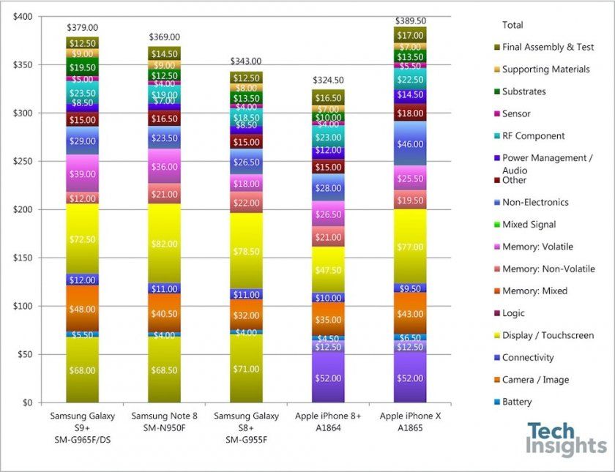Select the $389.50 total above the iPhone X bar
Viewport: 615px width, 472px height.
(x=410, y=21)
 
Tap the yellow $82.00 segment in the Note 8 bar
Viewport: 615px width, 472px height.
(x=164, y=244)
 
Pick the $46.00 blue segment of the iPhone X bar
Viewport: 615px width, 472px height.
(x=410, y=145)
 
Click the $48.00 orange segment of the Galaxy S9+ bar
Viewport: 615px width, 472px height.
(x=82, y=309)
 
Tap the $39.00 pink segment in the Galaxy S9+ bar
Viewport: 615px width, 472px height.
(x=82, y=174)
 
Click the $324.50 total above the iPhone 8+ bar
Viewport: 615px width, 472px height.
(x=328, y=80)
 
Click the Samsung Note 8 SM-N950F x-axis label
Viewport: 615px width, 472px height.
(x=164, y=422)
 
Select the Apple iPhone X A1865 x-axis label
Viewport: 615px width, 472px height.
(x=410, y=422)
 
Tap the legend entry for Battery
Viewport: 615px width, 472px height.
(x=517, y=402)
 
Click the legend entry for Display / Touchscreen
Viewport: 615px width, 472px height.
(x=548, y=335)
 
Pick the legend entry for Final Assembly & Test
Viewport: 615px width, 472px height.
(x=548, y=47)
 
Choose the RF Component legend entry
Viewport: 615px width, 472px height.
(x=533, y=135)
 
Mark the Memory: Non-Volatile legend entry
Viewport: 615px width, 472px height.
(x=548, y=269)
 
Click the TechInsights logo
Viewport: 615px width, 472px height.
(x=566, y=439)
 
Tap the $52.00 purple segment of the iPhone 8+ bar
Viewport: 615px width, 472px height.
(x=328, y=378)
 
